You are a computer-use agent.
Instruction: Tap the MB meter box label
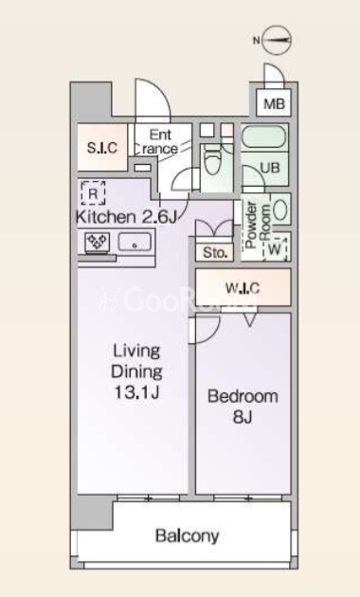click(x=275, y=103)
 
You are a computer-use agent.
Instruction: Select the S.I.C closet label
click(x=102, y=147)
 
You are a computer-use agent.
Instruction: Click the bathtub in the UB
click(x=264, y=137)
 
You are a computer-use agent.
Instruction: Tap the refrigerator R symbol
click(x=93, y=193)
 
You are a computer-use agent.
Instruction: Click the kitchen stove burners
click(x=97, y=243)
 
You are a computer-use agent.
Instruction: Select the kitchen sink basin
click(x=135, y=243)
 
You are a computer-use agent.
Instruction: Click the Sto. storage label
click(x=215, y=253)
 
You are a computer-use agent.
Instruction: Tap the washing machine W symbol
click(x=275, y=249)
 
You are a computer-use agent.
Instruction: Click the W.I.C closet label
click(x=243, y=289)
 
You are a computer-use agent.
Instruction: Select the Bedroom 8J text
click(x=243, y=407)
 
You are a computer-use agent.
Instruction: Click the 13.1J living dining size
click(x=136, y=392)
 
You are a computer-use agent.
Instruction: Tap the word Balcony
click(x=188, y=536)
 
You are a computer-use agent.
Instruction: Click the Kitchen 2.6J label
click(x=126, y=217)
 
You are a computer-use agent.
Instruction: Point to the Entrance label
click(x=158, y=141)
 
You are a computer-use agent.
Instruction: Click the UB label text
click(x=270, y=168)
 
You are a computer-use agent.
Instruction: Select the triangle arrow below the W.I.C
click(x=250, y=320)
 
